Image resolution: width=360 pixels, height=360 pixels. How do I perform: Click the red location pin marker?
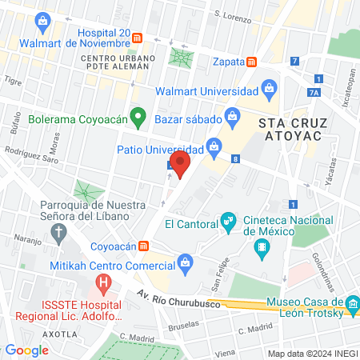click(x=182, y=165)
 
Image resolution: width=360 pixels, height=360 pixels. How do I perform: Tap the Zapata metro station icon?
click(x=252, y=61)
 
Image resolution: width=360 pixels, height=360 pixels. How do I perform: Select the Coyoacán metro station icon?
click(x=144, y=246)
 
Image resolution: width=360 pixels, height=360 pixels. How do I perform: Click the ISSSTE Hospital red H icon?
click(x=102, y=282)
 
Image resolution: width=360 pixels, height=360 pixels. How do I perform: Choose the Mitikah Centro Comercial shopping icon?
click(x=186, y=262)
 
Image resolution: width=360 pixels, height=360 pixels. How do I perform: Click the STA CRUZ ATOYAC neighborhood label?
click(x=289, y=130)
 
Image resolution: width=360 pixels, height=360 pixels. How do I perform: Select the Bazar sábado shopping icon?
click(x=231, y=117)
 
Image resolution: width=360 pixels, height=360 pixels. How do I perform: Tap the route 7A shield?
click(x=314, y=92)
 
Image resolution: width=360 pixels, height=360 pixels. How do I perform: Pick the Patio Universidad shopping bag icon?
click(x=214, y=146)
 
